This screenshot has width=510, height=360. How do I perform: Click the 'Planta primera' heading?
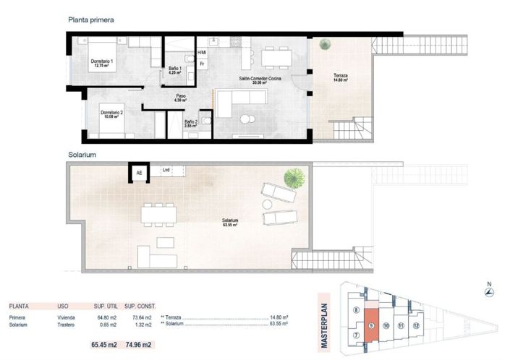click(x=90, y=20)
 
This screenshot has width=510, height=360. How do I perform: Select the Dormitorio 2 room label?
click(x=111, y=114)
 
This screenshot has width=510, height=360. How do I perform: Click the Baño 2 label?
click(x=190, y=124)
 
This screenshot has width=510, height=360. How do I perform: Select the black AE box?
click(x=138, y=173)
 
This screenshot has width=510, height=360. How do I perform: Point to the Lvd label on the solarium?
click(x=166, y=171)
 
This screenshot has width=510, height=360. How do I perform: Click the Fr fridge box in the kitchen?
click(x=203, y=64)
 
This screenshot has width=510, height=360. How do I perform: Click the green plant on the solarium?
click(x=294, y=176)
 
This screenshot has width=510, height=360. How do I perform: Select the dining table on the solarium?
click(x=158, y=213)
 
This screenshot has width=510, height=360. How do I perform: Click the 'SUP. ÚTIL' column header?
click(x=106, y=307)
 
